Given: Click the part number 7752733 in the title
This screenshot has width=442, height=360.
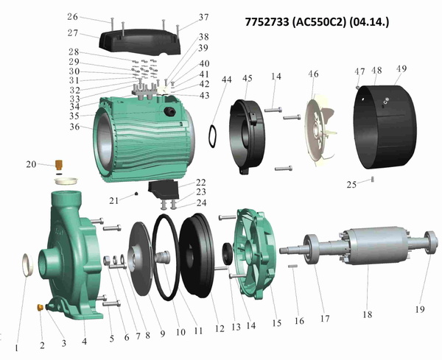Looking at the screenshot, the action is tap(267, 21).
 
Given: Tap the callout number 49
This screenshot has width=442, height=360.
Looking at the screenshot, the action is tap(401, 68).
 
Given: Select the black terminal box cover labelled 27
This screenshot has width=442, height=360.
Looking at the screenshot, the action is tap(140, 41).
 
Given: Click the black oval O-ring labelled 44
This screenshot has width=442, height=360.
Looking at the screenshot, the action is tap(212, 136).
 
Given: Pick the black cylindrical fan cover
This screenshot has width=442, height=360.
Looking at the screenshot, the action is tap(385, 127).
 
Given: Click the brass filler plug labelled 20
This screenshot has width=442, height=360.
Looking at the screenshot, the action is tap(59, 165).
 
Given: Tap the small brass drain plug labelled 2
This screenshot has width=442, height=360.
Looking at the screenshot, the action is tap(40, 307).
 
